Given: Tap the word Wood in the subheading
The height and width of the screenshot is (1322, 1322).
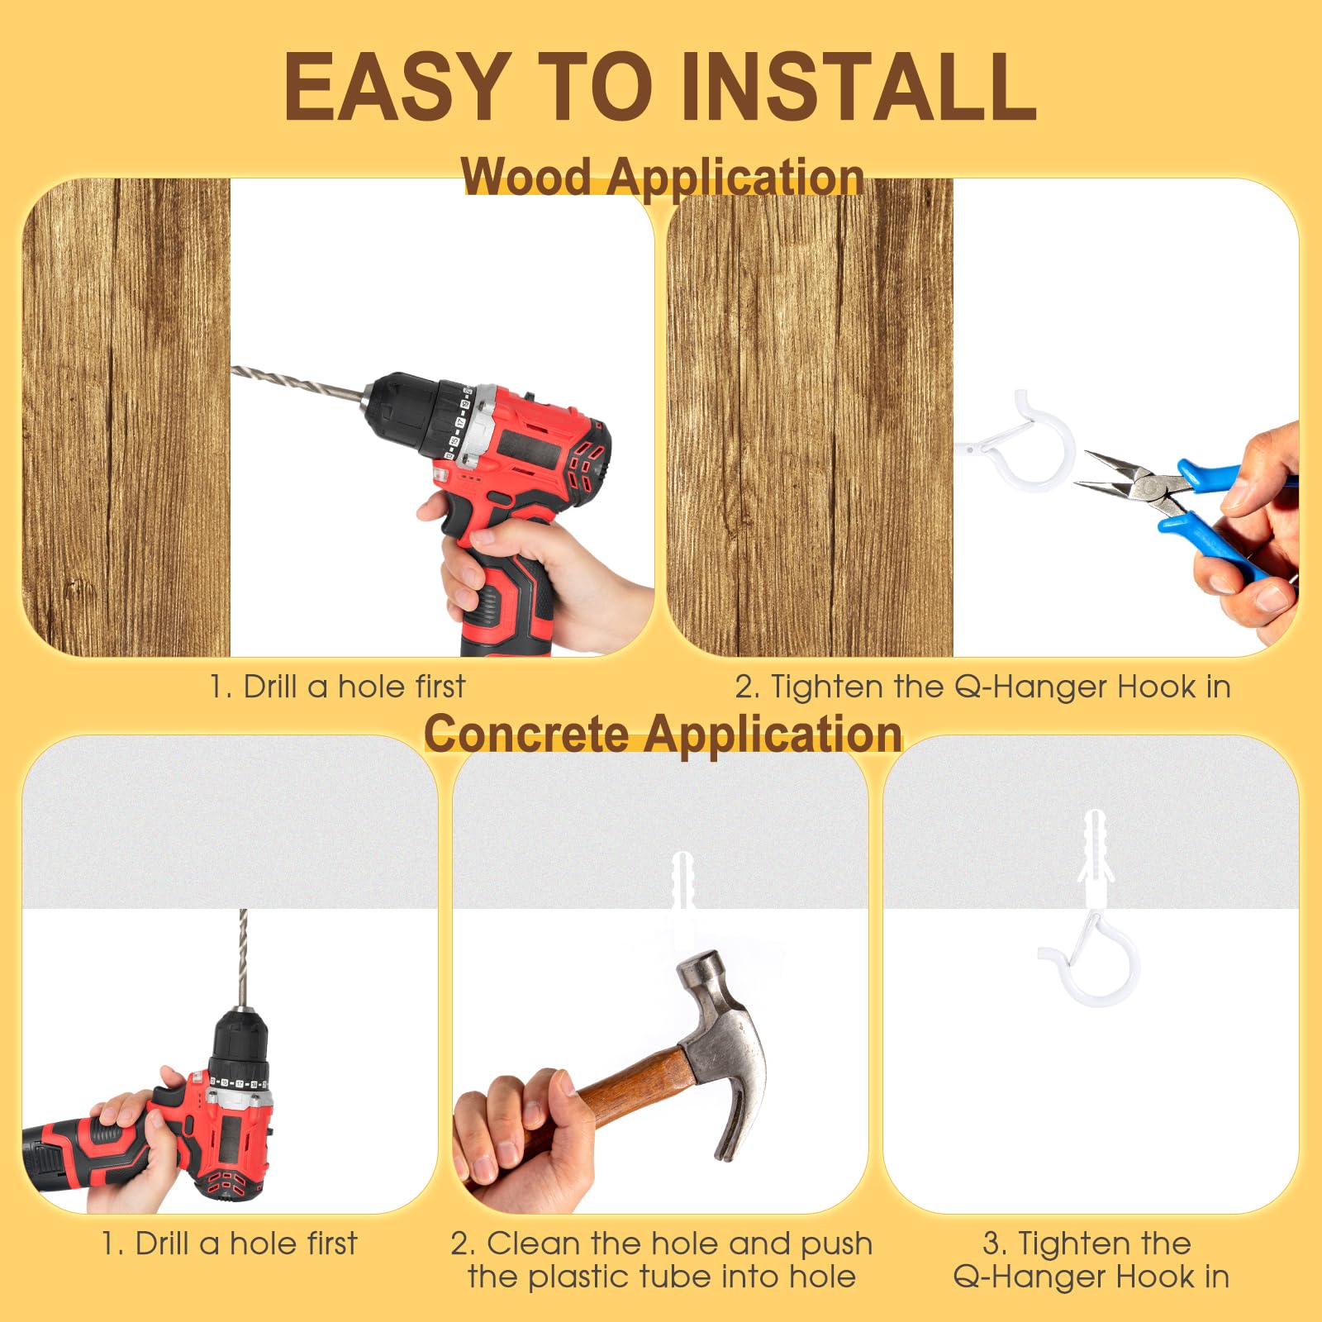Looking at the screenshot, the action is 526,176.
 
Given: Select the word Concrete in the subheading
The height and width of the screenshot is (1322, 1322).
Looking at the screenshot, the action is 526,733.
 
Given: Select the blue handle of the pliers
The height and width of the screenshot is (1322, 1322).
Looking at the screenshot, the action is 1223,512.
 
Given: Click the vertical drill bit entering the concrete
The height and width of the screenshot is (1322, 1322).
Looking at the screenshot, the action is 243,958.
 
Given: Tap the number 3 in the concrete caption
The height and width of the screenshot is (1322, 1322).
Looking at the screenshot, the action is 993,1244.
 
